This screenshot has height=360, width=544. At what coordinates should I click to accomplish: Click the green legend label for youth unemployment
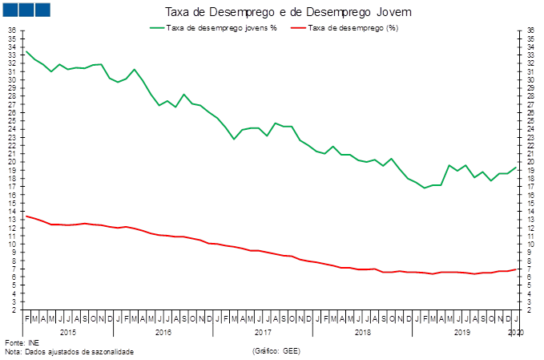tap(221, 28)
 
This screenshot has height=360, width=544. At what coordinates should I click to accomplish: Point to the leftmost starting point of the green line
tap(26, 51)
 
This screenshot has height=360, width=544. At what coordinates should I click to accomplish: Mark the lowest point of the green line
tap(425, 188)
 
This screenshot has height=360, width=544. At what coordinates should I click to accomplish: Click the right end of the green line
tap(515, 167)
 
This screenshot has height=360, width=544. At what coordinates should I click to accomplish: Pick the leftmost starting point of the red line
tap(26, 216)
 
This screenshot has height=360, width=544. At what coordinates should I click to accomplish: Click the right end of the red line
tap(515, 269)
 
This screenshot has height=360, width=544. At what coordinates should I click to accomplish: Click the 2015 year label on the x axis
tap(68, 330)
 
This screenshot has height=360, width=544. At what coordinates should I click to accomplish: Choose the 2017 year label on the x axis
tap(263, 330)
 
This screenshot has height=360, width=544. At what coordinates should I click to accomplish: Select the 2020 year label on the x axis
tap(514, 330)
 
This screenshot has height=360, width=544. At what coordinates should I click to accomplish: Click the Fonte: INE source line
tap(17, 342)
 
